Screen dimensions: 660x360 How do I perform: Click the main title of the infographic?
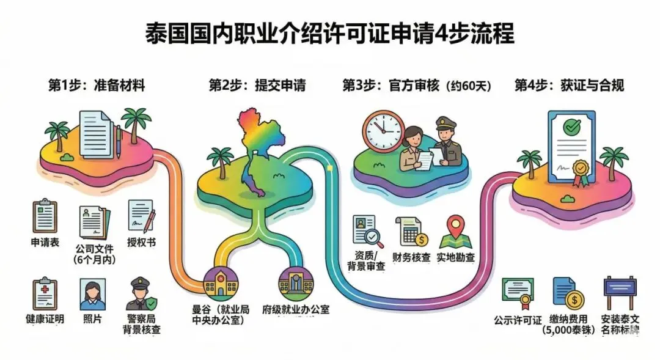click(x=330, y=34)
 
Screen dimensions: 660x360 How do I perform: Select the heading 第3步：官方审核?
click(x=417, y=85)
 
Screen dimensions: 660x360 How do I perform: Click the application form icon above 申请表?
click(x=45, y=217)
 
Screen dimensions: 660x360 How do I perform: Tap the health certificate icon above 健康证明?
click(x=45, y=293)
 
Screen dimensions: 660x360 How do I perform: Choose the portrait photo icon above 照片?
click(x=92, y=295)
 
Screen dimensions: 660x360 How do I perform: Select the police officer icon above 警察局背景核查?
click(x=139, y=295)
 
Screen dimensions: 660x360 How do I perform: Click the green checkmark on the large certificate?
click(x=572, y=128)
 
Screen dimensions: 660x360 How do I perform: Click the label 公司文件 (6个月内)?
click(x=95, y=254)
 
